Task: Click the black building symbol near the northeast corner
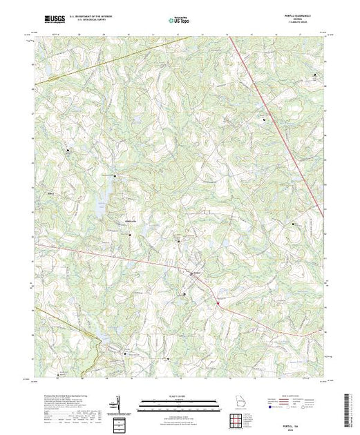point(316,75)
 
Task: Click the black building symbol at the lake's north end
point(115,176)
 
